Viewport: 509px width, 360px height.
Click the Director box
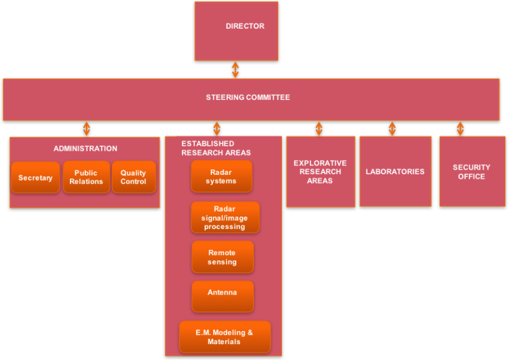(236, 31)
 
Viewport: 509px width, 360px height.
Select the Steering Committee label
(248, 97)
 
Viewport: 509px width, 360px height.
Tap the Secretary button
(36, 177)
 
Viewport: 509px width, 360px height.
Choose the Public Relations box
(87, 177)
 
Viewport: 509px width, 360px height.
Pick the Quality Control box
(134, 177)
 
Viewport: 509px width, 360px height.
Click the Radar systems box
(221, 176)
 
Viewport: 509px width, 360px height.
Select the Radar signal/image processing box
(225, 218)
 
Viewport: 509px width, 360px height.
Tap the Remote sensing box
(223, 257)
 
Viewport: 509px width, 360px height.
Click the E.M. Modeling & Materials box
(225, 337)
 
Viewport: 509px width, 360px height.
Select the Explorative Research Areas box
(320, 172)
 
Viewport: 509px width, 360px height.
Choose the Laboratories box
(395, 172)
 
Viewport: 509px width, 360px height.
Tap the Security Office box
(471, 172)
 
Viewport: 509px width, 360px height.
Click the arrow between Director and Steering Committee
(235, 69)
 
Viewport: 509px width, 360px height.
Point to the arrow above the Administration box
(87, 128)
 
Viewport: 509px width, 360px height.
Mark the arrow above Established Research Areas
(217, 128)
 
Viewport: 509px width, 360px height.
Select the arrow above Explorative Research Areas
(319, 128)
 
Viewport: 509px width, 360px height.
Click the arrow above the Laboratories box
(392, 128)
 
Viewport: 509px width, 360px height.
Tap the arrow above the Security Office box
(460, 128)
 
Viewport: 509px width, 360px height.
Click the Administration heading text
(85, 149)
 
